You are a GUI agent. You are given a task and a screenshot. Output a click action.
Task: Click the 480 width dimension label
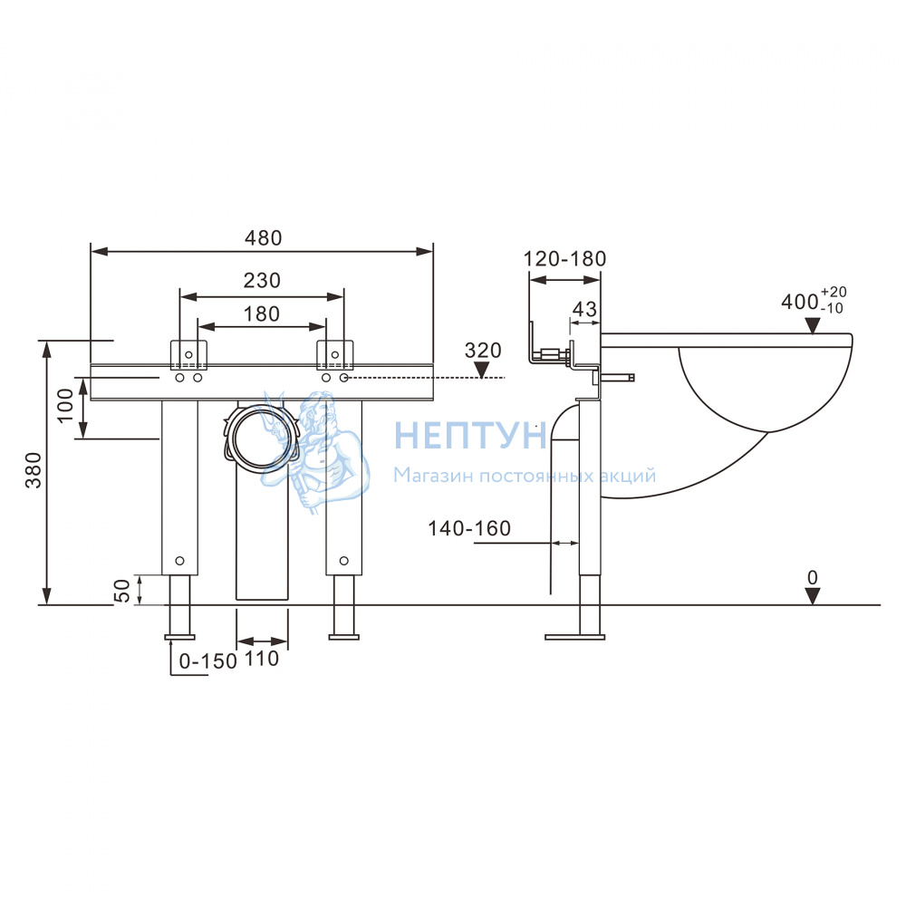(x=263, y=237)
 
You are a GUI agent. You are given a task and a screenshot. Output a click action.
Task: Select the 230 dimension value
(x=262, y=280)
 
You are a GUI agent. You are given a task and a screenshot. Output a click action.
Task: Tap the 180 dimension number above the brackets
(x=262, y=313)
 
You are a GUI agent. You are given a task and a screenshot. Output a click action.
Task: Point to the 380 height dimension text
(x=34, y=469)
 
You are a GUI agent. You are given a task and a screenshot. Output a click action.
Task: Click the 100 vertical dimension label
(x=65, y=405)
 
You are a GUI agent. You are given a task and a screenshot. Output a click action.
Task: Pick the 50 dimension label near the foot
(x=122, y=591)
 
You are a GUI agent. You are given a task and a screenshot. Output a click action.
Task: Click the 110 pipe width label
(x=262, y=658)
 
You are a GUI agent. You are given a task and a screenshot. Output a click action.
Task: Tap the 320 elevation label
(x=483, y=350)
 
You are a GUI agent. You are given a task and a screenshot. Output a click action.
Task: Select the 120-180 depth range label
(x=564, y=258)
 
